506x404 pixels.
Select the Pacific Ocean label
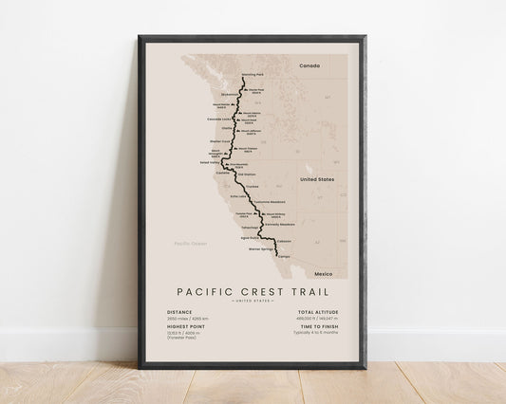(x=188, y=245)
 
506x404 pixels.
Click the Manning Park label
(x=253, y=74)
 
